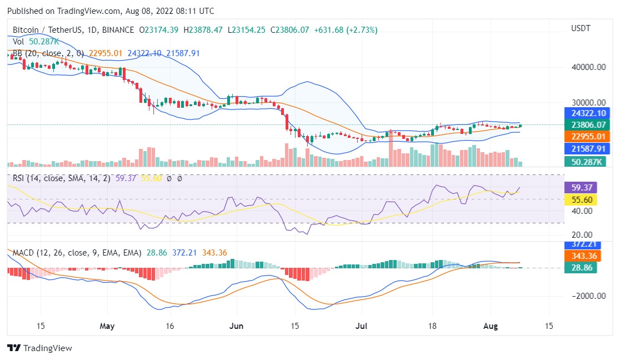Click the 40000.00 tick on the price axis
point(588,67)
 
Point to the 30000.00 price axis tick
point(588,103)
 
